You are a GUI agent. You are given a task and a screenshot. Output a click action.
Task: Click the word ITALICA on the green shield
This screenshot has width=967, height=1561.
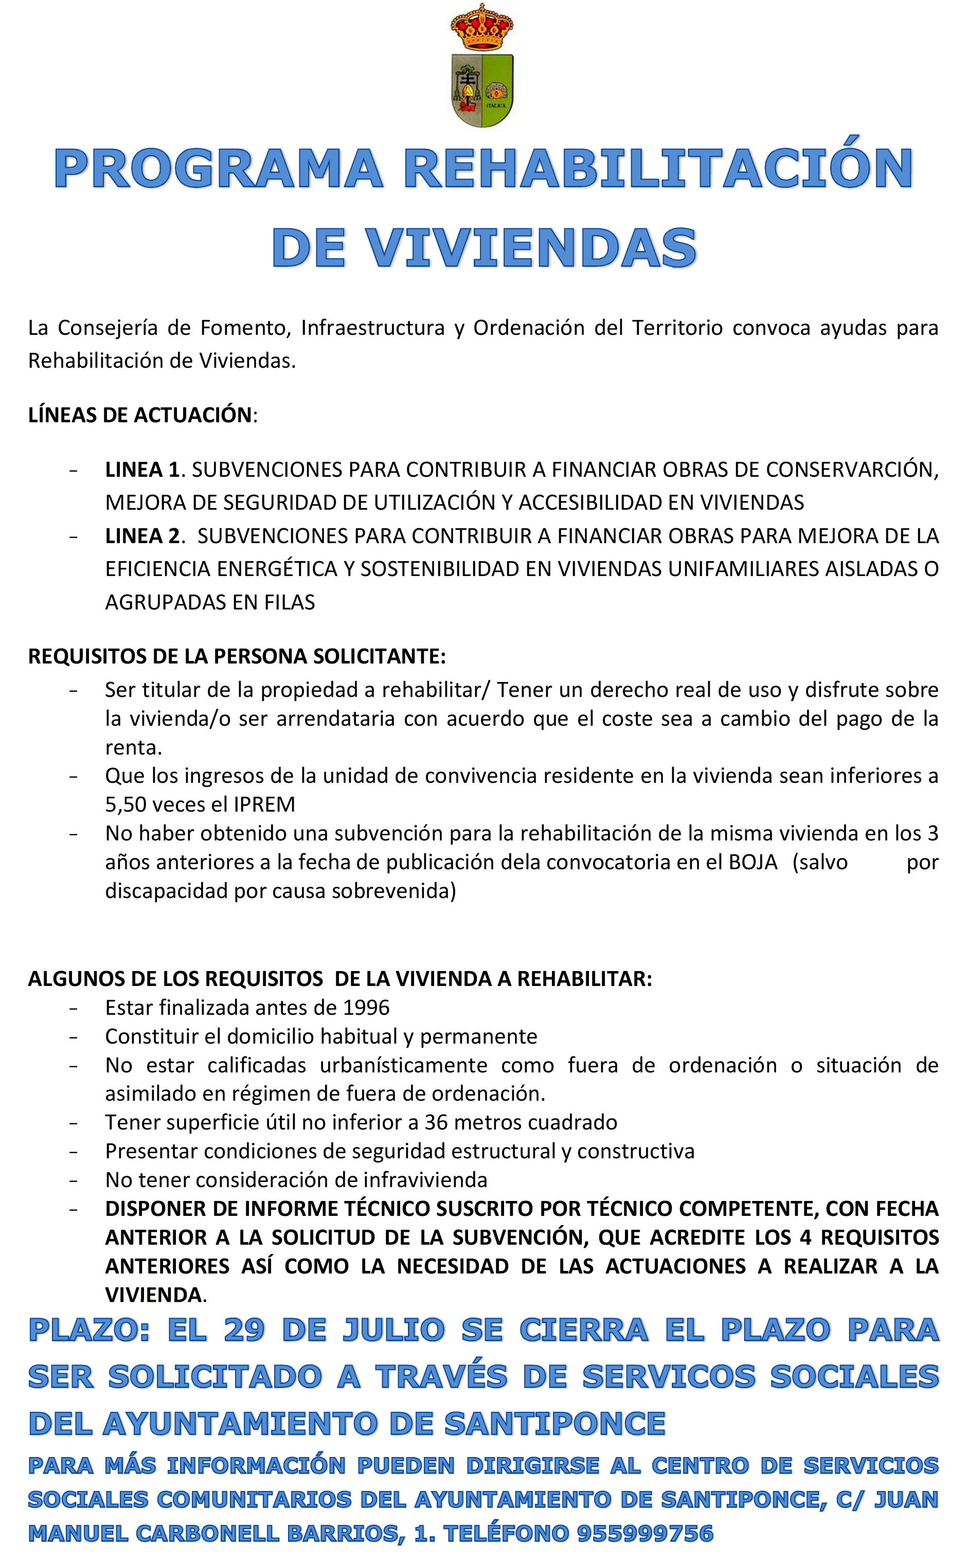[x=496, y=105]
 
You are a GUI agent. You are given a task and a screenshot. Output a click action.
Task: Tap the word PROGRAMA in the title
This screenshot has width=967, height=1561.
[x=218, y=169]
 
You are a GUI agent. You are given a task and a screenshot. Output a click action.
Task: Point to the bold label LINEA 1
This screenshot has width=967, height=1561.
[x=142, y=470]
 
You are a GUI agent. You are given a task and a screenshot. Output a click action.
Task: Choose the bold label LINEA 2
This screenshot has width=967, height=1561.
[x=142, y=536]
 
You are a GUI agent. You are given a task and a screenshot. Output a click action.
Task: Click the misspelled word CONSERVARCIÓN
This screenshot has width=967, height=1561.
[x=851, y=470]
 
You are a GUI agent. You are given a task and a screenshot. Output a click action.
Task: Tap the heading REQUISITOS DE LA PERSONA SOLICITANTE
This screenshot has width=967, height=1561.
[x=237, y=656]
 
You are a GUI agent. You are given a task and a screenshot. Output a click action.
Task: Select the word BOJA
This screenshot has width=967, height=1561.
[x=753, y=862]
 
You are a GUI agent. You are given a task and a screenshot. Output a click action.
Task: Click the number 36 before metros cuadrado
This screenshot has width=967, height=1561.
[x=436, y=1122]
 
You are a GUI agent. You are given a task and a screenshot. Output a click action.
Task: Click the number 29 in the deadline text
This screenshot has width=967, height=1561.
[x=244, y=1331]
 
